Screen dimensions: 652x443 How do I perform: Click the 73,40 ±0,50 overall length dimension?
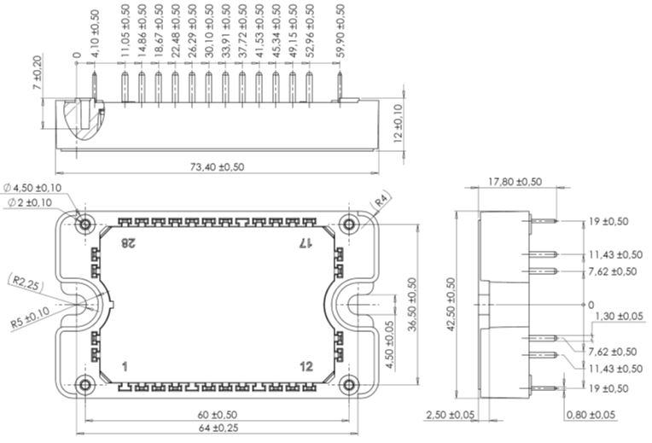tap(217, 166)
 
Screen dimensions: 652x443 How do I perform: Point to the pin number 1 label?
tap(125, 367)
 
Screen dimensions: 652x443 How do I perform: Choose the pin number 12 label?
tap(306, 366)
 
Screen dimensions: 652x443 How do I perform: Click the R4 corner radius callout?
tap(381, 201)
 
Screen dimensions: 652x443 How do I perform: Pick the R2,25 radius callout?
tap(26, 283)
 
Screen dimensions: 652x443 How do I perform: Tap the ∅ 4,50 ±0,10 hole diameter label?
tap(32, 188)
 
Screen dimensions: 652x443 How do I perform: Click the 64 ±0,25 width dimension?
tap(218, 428)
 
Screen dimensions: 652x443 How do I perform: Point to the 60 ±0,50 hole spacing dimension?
tap(217, 415)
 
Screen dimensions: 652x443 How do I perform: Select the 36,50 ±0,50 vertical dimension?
tap(412, 304)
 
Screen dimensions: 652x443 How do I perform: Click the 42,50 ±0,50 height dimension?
tap(451, 304)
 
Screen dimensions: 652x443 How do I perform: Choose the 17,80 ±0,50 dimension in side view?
tap(515, 182)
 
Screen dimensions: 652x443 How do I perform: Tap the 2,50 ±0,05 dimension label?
tap(450, 415)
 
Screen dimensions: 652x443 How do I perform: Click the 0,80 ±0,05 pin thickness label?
tap(591, 415)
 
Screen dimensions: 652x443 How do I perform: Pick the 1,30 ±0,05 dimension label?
tap(620, 316)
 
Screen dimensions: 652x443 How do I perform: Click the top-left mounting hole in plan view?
tap(85, 224)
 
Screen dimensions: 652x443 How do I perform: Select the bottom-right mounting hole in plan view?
tap(349, 385)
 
